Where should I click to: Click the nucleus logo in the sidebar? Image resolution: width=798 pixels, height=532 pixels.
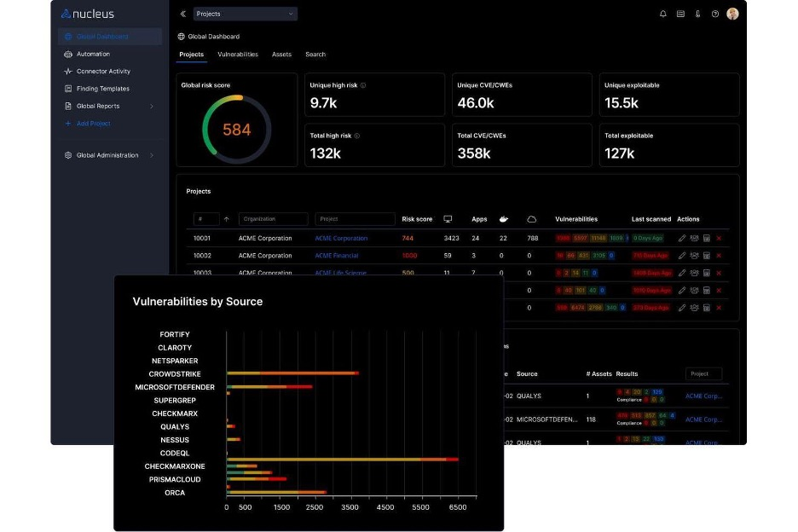[x=88, y=14]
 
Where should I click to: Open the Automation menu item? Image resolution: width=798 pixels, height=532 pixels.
[x=93, y=55]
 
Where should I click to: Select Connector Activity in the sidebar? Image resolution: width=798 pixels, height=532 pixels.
[x=103, y=72]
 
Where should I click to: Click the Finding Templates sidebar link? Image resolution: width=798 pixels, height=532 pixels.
[x=102, y=89]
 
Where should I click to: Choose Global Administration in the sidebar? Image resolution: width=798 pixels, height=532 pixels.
[x=107, y=155]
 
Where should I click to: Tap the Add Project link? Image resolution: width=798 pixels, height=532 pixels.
[x=93, y=124]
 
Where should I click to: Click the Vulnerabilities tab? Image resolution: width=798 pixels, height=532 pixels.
[x=238, y=55]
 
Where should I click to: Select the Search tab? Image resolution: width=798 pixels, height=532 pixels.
[x=315, y=55]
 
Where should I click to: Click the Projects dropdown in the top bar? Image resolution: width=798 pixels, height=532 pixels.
[x=245, y=14]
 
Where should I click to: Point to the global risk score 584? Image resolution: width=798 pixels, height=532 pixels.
[x=237, y=130]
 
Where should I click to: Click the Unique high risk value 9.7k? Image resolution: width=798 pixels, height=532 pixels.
[x=325, y=103]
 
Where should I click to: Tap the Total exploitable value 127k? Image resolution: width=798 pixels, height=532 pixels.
[x=620, y=153]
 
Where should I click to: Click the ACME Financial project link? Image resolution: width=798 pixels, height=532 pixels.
[x=337, y=256]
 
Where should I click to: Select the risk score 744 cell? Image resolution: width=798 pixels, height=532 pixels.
[x=408, y=239]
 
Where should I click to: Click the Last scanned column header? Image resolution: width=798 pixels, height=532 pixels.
[x=651, y=219]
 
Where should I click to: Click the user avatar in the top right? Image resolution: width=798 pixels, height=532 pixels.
[x=732, y=14]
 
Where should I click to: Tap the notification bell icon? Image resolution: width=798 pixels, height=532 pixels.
[x=663, y=14]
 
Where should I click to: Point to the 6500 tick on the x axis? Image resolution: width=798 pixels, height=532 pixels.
[x=459, y=507]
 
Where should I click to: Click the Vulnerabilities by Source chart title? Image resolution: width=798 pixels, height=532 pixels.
[x=198, y=302]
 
